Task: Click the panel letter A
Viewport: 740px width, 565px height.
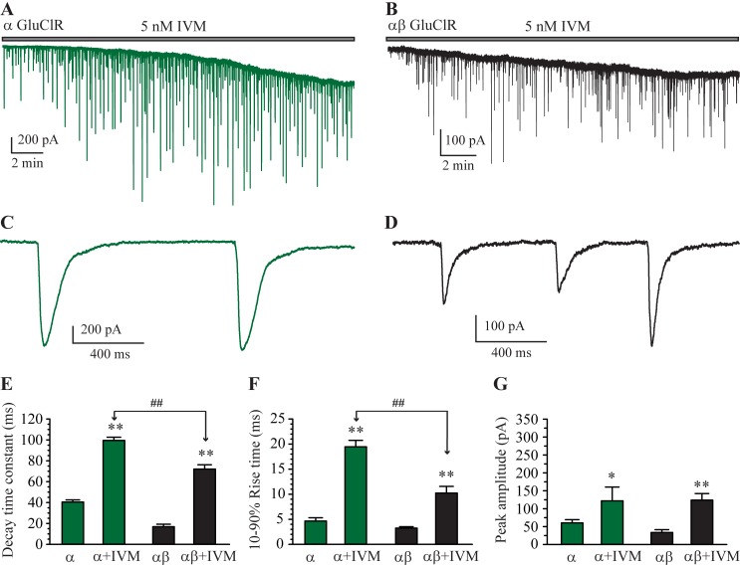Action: [8, 9]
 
